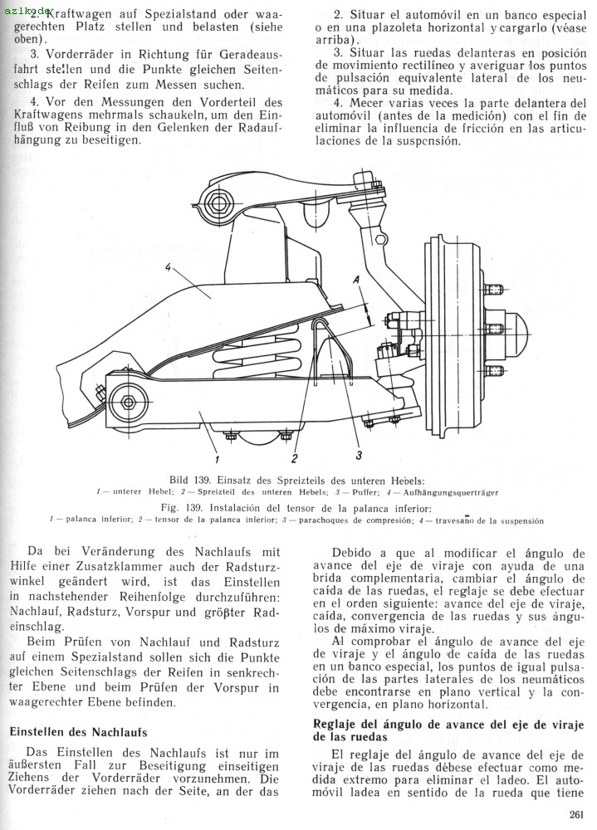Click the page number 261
(579, 814)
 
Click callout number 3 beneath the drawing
(359, 454)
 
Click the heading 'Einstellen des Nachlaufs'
(78, 732)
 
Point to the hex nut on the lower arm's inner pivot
(130, 402)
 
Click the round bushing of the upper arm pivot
(218, 201)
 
